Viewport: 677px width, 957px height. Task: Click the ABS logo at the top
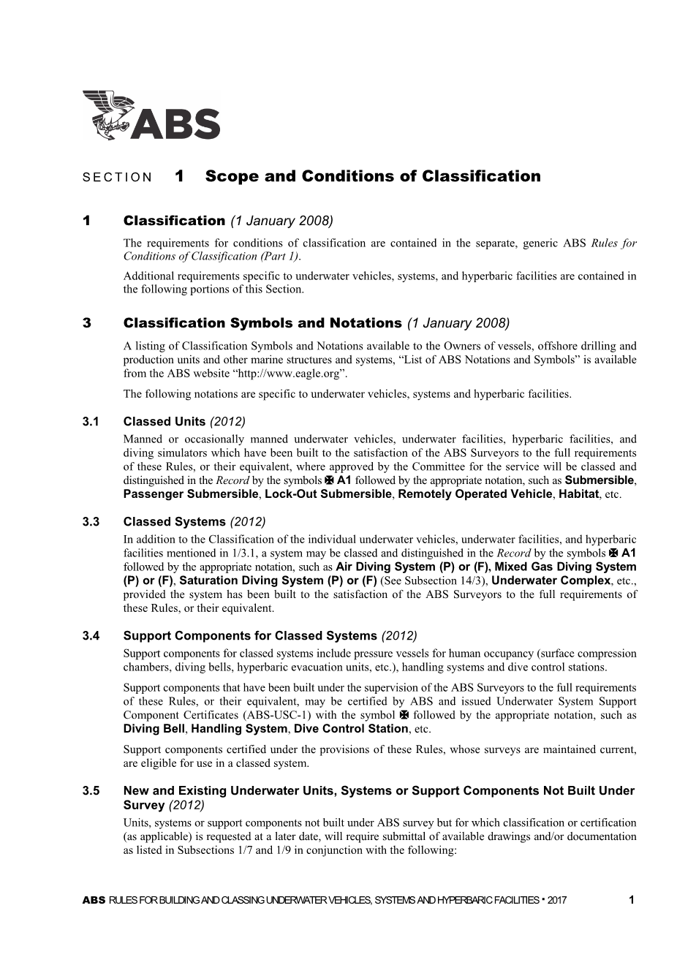(151, 116)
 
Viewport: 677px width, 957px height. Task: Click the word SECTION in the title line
(117, 178)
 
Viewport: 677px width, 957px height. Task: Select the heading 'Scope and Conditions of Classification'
(373, 176)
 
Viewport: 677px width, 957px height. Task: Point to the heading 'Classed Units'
(164, 422)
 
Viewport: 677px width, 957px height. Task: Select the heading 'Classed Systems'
(174, 522)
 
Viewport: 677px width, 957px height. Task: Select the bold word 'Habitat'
(579, 494)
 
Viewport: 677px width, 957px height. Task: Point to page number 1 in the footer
(632, 901)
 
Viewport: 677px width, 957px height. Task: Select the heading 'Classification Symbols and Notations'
(262, 323)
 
